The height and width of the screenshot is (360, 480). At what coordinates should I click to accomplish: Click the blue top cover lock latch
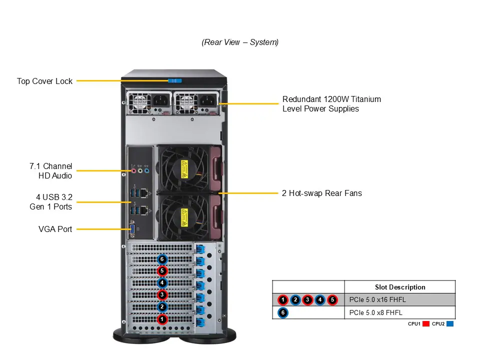coord(174,81)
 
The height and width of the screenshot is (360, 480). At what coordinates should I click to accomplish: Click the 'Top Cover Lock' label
coord(44,81)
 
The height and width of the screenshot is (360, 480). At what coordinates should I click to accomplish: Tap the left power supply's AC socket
coord(160,100)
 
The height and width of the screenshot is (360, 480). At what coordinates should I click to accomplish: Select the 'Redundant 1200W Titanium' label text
coord(331,99)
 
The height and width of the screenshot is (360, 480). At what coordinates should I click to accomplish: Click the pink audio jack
coord(133,170)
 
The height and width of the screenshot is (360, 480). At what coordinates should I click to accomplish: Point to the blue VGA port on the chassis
coord(132,230)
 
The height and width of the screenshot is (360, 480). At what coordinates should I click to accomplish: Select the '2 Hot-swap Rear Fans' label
coord(322,193)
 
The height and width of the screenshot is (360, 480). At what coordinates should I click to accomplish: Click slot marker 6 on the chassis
coord(162,259)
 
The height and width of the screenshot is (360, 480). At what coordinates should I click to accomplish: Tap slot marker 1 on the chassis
coord(162,318)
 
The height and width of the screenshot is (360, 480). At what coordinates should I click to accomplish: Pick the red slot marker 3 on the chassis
coord(162,294)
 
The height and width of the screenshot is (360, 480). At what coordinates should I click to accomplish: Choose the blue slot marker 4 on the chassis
coord(162,282)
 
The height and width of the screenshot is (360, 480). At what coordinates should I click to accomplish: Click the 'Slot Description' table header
coord(400,287)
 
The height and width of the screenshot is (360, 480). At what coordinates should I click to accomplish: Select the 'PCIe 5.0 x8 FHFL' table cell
coord(375,313)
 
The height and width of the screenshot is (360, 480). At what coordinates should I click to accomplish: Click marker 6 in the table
coord(283,313)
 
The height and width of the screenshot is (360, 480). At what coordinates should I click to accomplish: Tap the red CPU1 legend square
coord(426,324)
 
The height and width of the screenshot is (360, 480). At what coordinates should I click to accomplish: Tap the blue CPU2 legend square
coord(450,324)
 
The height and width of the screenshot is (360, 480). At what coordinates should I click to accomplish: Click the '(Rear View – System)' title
coord(240,42)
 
